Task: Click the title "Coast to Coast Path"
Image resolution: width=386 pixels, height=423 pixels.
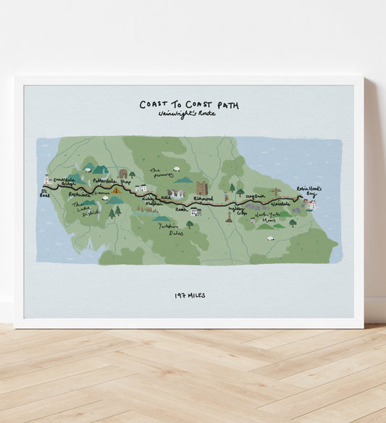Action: (x=189, y=105)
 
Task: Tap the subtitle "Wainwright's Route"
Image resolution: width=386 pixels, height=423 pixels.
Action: (x=189, y=115)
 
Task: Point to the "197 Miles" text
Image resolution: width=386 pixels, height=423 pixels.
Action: (x=190, y=295)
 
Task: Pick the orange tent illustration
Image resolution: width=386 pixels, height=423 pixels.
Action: (x=97, y=190)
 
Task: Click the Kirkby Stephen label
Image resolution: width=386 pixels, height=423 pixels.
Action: (x=149, y=199)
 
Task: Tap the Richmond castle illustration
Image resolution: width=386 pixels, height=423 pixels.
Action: (x=201, y=188)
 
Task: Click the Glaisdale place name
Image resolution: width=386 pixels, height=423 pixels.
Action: (x=280, y=204)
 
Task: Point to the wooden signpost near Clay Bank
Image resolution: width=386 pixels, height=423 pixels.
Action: (x=275, y=193)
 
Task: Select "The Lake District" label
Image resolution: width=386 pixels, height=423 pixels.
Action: (x=85, y=209)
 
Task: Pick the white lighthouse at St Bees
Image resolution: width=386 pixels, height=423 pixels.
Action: (x=47, y=178)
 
